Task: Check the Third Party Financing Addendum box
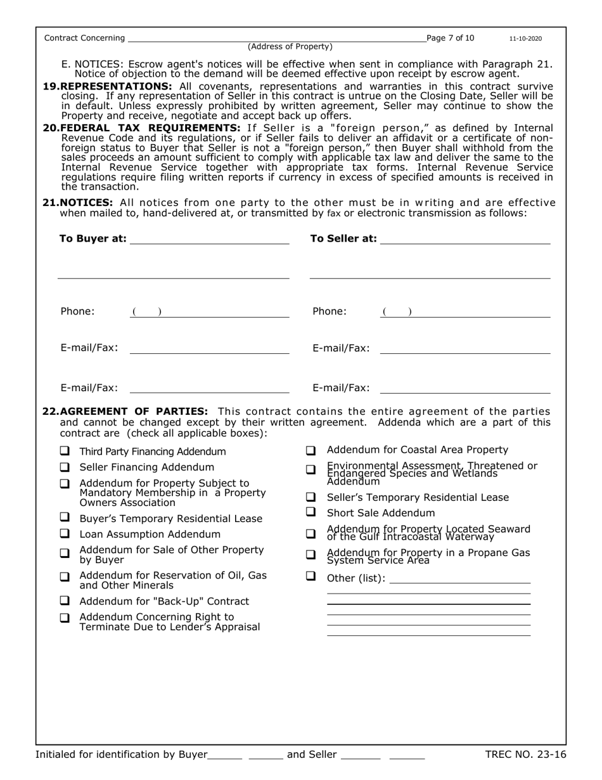(x=65, y=452)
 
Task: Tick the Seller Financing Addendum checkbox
(x=65, y=467)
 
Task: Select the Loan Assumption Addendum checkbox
(x=65, y=534)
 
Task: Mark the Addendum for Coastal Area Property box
(x=311, y=451)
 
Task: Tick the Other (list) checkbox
(x=311, y=576)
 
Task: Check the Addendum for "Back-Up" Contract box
(x=65, y=601)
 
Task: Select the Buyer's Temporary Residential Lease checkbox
(x=65, y=517)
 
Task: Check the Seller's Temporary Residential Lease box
(x=311, y=497)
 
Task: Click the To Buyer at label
(x=93, y=239)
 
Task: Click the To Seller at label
(x=343, y=239)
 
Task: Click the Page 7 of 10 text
(x=451, y=38)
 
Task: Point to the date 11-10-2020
(x=525, y=39)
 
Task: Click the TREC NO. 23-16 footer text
(x=525, y=755)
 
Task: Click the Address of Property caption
(x=290, y=46)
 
